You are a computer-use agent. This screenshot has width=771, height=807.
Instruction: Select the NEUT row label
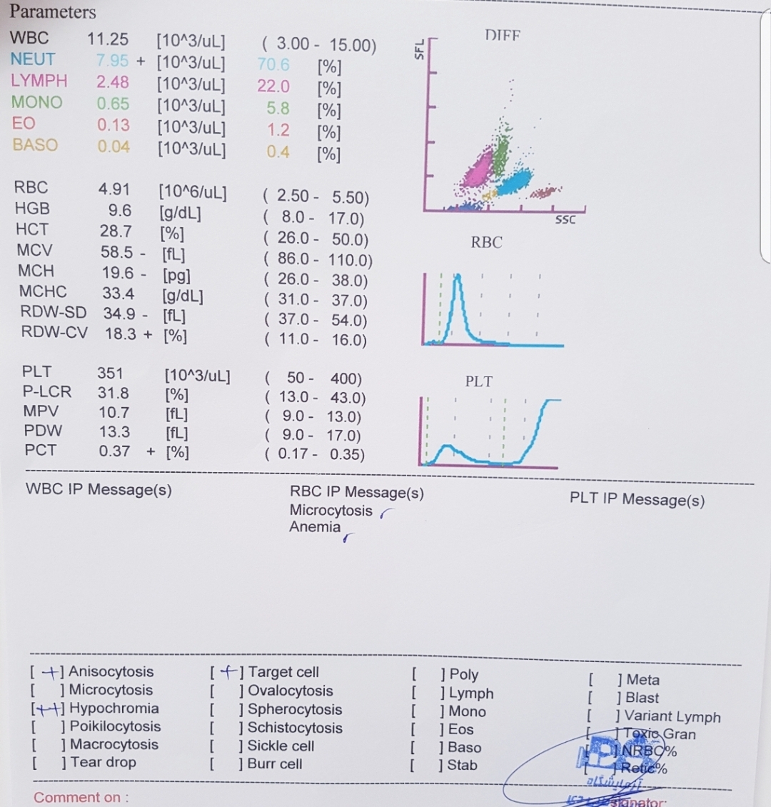33,59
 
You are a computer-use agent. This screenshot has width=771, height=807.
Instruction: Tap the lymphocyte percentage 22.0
273,86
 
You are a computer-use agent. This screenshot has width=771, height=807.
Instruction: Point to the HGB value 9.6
119,209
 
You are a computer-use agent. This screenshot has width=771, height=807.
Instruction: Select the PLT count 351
110,373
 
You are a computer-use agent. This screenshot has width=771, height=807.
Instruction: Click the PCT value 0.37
114,451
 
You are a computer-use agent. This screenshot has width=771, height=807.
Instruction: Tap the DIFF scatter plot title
503,35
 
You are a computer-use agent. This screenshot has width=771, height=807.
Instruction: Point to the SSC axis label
565,220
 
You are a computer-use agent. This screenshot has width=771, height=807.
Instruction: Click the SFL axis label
419,50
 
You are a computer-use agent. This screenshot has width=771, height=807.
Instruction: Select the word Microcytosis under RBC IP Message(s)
331,511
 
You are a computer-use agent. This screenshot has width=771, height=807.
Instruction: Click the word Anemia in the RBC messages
315,527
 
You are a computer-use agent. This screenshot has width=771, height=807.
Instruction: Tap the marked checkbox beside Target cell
226,672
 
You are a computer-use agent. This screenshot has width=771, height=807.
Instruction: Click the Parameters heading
53,12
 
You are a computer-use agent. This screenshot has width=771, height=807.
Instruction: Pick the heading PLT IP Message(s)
637,499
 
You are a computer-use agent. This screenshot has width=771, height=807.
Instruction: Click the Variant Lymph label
673,717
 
